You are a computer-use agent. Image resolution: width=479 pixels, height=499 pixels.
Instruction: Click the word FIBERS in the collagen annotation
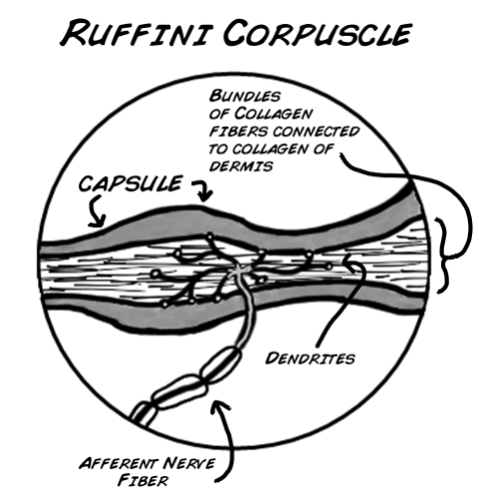(236, 130)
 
